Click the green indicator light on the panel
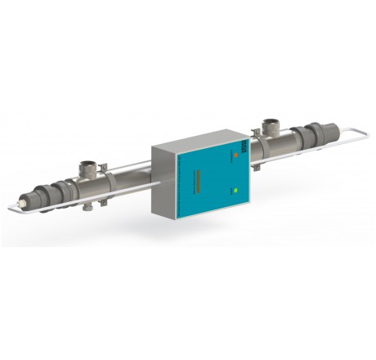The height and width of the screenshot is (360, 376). click(x=235, y=191)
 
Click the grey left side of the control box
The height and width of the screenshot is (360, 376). click(x=163, y=182)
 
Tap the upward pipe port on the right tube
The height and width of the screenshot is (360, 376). click(x=270, y=126)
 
